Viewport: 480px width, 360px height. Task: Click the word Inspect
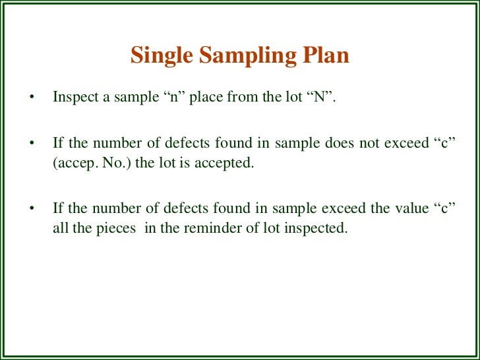(x=73, y=98)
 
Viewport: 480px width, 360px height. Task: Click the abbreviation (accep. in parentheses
(x=73, y=164)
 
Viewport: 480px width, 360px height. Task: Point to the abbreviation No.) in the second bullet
(x=114, y=164)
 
